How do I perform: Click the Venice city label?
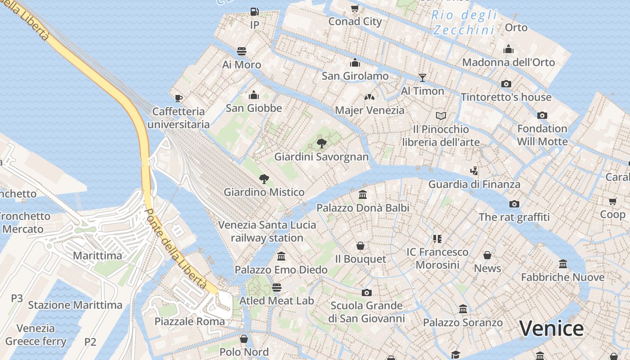pyautogui.click(x=551, y=328)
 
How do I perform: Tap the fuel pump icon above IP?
pyautogui.click(x=255, y=12)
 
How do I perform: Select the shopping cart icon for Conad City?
pyautogui.click(x=355, y=8)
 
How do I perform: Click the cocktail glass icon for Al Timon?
pyautogui.click(x=422, y=78)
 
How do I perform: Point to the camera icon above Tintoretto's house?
pyautogui.click(x=506, y=84)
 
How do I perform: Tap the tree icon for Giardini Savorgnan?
pyautogui.click(x=321, y=144)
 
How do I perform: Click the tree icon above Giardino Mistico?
pyautogui.click(x=264, y=179)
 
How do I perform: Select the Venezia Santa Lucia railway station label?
pyautogui.click(x=267, y=231)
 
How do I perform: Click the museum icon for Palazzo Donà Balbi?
pyautogui.click(x=363, y=195)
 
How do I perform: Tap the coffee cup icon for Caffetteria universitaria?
pyautogui.click(x=179, y=98)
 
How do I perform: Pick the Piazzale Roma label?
pyautogui.click(x=189, y=321)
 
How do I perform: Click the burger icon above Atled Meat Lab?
pyautogui.click(x=276, y=288)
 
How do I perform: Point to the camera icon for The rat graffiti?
pyautogui.click(x=514, y=204)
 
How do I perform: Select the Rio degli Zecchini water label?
pyautogui.click(x=464, y=22)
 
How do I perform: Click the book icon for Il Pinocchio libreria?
pyautogui.click(x=441, y=116)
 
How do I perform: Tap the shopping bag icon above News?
pyautogui.click(x=487, y=256)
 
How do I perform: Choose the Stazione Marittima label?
pyautogui.click(x=75, y=305)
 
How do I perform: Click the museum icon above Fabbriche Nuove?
pyautogui.click(x=562, y=264)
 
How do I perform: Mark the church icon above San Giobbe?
pyautogui.click(x=254, y=95)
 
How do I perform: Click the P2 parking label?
pyautogui.click(x=90, y=342)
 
